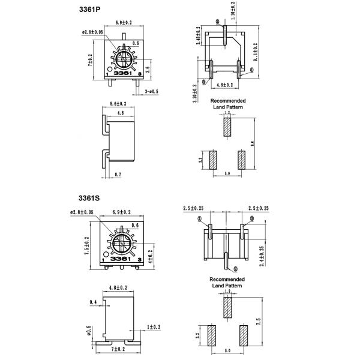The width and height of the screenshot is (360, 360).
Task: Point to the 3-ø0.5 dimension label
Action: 152,91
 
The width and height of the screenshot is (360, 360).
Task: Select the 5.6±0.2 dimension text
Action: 119,104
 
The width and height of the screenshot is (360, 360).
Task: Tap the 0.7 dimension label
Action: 117,174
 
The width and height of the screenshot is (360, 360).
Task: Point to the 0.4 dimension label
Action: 93,302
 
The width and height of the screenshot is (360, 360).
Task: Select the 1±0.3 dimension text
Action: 154,327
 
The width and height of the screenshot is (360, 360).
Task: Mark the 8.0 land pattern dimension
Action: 253,143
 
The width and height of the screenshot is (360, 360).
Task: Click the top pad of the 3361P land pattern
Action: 227,126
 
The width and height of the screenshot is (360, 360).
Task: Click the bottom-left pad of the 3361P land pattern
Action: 212,160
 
